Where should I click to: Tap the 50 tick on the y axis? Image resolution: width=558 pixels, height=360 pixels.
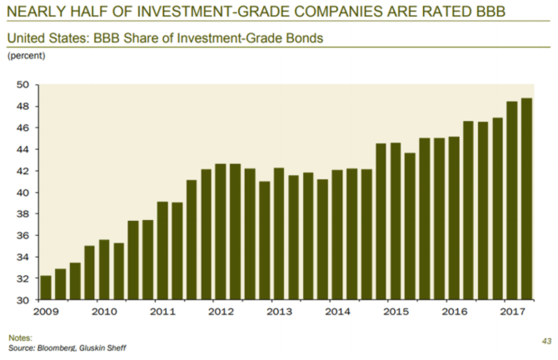pos(22,85)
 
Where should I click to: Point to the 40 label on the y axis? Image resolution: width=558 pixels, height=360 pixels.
pos(22,192)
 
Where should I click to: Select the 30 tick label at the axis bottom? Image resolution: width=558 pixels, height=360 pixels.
pos(22,300)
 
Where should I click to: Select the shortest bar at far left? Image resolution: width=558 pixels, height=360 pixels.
pos(46,287)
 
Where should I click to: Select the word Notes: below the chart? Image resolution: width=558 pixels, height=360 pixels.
pos(20,337)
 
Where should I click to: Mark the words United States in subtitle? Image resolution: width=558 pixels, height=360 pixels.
pos(42,37)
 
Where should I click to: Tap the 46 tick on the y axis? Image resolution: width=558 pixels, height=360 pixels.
pos(22,128)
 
